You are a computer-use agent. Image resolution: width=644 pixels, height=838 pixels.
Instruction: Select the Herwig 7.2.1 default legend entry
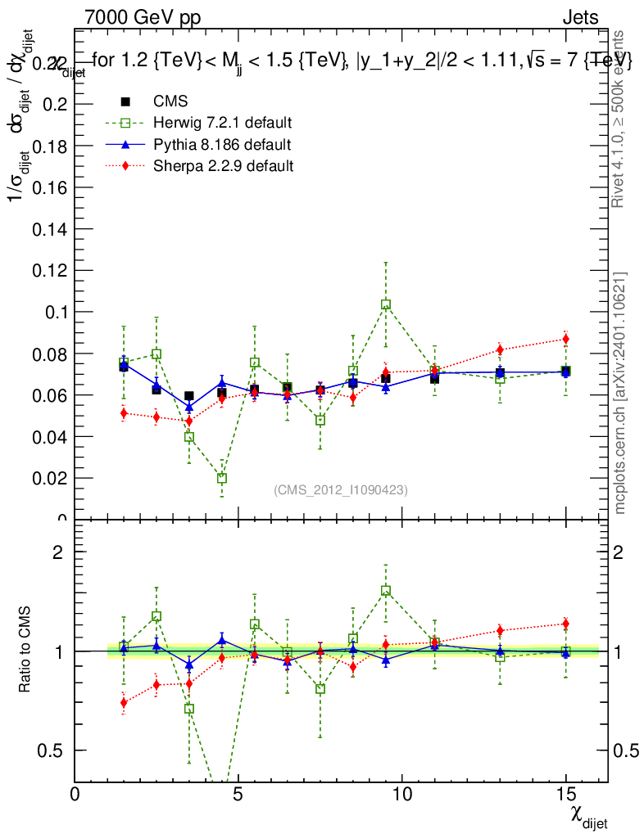pyautogui.click(x=222, y=124)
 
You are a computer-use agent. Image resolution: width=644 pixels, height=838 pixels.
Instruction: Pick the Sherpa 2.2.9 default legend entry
pyautogui.click(x=224, y=166)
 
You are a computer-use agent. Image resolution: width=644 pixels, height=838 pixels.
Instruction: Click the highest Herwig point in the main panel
pyautogui.click(x=386, y=304)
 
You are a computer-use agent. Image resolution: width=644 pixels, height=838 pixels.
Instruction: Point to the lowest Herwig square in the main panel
pyautogui.click(x=222, y=478)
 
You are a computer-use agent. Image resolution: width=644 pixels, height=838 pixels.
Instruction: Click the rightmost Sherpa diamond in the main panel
pyautogui.click(x=565, y=339)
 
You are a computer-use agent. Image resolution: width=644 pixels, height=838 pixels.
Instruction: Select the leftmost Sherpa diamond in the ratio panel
pyautogui.click(x=124, y=702)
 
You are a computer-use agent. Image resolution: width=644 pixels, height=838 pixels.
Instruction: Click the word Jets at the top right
pyautogui.click(x=579, y=17)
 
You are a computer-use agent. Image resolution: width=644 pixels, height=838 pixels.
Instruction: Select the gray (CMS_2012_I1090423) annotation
pyautogui.click(x=341, y=489)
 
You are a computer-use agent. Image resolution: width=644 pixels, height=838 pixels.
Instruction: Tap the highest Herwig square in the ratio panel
pyautogui.click(x=386, y=590)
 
